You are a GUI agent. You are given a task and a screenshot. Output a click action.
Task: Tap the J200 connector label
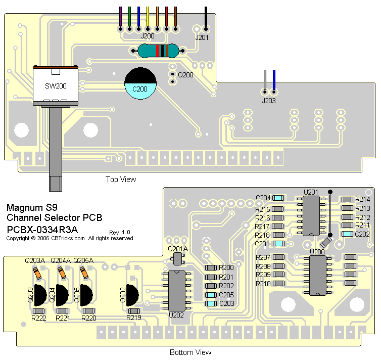pos(147,36)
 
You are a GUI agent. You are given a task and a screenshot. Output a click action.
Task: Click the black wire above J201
pos(206,16)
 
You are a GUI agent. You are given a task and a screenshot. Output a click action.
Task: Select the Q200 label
pos(186,75)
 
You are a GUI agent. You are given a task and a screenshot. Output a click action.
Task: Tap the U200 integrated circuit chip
pos(318,275)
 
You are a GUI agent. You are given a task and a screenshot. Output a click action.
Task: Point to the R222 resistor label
pos(39,318)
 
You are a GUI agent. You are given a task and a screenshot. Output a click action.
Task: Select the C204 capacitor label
pos(263,198)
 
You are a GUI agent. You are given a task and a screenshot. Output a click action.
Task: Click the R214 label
pos(362,200)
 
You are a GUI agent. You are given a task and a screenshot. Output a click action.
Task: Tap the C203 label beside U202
pos(226,303)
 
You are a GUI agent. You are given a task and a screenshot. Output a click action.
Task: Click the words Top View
pos(121,179)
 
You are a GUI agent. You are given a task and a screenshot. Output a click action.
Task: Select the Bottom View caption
pos(190,352)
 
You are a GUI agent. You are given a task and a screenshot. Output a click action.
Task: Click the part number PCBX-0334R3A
pos(43,229)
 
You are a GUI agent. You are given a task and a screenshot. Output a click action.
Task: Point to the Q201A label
pos(178,249)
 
